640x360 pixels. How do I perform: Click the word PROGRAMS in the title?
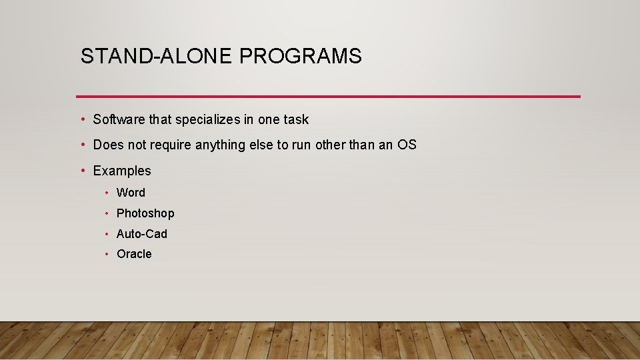[x=300, y=57]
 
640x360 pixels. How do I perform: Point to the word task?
[x=296, y=119]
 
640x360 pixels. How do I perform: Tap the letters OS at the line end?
[x=407, y=145]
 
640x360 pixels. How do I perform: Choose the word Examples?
[x=122, y=171]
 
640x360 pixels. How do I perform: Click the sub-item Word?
[x=131, y=193]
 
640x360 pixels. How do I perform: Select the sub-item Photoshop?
[x=145, y=213]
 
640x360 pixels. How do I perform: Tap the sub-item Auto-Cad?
[x=142, y=234]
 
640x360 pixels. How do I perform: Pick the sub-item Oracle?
[x=134, y=254]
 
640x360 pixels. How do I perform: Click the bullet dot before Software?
[x=81, y=119]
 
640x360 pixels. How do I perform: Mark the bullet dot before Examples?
[x=81, y=171]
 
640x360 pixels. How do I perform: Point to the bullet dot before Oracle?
[x=107, y=254]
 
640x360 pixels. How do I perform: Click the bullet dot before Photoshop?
[x=107, y=213]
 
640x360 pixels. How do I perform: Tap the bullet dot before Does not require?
[x=81, y=145]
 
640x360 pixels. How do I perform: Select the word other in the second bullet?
[x=331, y=145]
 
